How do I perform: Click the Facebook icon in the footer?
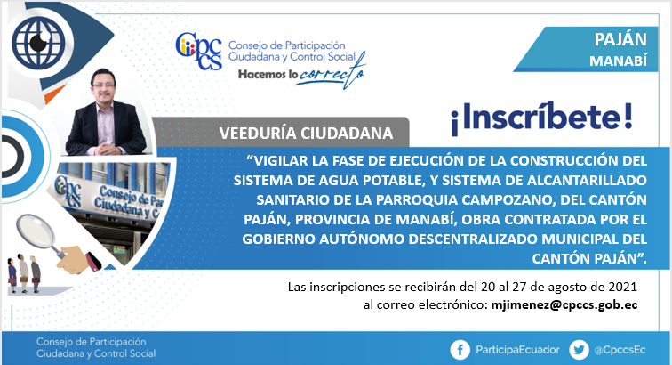pyautogui.click(x=460, y=350)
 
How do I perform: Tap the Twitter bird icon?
pyautogui.click(x=579, y=350)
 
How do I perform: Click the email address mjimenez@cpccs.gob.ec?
pyautogui.click(x=564, y=304)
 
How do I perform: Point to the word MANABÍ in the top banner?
pyautogui.click(x=618, y=61)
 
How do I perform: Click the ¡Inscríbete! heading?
pyautogui.click(x=541, y=118)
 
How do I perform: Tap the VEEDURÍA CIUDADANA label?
pyautogui.click(x=306, y=134)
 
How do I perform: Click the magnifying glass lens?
pyautogui.click(x=36, y=231)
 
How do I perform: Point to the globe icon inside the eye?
pyautogui.click(x=38, y=42)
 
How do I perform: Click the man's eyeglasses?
pyautogui.click(x=104, y=85)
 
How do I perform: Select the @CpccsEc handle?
pyautogui.click(x=620, y=350)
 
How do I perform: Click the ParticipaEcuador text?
pyautogui.click(x=517, y=350)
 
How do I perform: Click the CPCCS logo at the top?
pyautogui.click(x=199, y=51)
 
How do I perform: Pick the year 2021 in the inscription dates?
pyautogui.click(x=623, y=287)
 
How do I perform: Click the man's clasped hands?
pyautogui.click(x=106, y=150)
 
